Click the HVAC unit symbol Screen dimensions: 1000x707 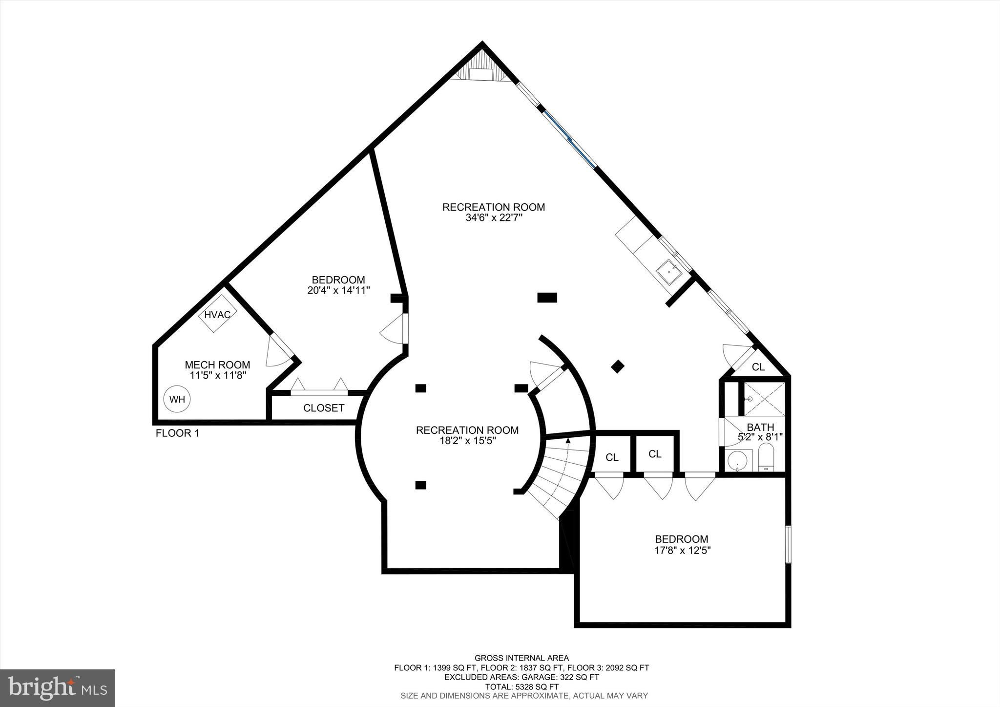217,315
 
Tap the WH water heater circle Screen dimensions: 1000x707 177,399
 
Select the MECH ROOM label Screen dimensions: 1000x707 217,365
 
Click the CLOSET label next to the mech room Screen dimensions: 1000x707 324,408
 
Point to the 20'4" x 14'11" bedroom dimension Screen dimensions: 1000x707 338,290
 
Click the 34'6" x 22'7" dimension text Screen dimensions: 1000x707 494,218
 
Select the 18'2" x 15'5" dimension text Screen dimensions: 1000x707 467,441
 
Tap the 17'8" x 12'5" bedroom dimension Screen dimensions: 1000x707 682,550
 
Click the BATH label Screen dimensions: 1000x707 760,428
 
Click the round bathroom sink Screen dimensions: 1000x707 737,461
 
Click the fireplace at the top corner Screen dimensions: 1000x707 482,68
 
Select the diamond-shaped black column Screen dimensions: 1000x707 618,366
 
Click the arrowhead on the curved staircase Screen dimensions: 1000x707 568,440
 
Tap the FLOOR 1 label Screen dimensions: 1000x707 177,433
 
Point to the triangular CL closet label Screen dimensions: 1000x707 758,367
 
